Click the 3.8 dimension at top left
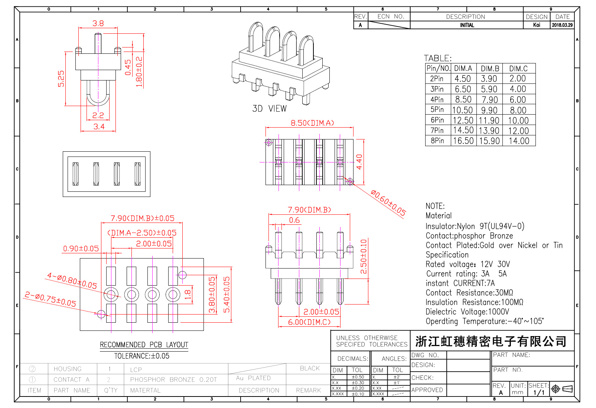(98, 23)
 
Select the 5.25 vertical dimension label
(61, 79)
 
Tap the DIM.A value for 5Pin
(463, 110)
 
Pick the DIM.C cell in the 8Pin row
(519, 141)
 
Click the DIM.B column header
(490, 69)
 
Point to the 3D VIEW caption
(269, 109)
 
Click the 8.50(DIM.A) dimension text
(312, 123)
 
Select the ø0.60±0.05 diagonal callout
(388, 203)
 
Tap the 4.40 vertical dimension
(359, 162)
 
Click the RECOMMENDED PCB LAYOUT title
(144, 345)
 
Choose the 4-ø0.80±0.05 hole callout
(72, 281)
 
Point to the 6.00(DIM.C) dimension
(309, 322)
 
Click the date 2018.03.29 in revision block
(562, 25)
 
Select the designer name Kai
(537, 25)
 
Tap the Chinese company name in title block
(491, 341)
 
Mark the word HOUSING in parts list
(68, 369)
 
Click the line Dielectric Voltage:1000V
(467, 312)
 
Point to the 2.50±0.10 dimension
(364, 256)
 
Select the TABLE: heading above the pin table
(438, 58)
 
